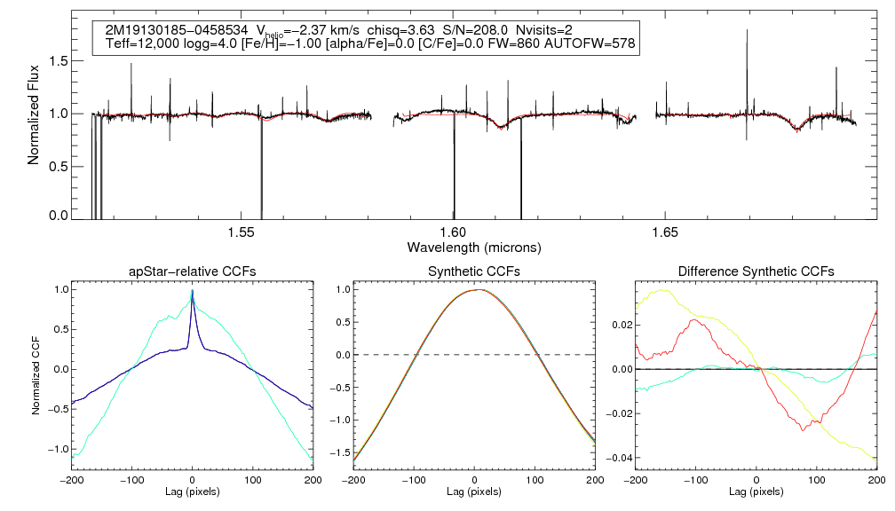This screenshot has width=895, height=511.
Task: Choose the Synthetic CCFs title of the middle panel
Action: tap(474, 271)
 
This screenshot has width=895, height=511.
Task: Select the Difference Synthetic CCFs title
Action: tap(756, 271)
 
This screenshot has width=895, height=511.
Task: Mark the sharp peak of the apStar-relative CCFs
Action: tap(192, 291)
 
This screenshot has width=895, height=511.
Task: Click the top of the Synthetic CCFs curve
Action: tap(479, 289)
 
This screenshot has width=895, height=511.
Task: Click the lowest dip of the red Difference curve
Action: tap(803, 429)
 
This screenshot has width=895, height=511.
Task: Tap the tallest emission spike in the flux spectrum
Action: tap(747, 30)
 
